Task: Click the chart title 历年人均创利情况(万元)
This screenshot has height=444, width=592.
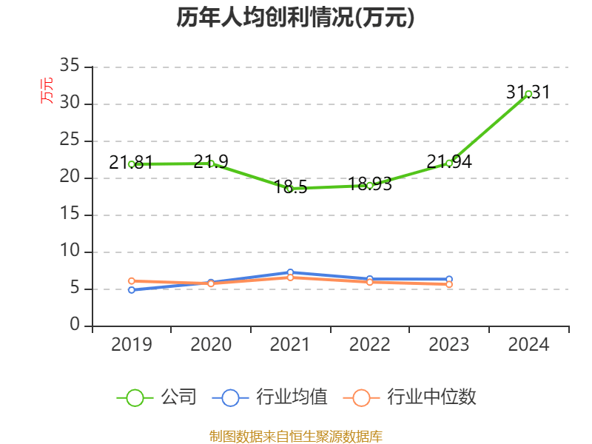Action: point(295,18)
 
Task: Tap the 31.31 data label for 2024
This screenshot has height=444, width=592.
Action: point(528,92)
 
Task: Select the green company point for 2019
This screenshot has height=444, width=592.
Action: point(132,164)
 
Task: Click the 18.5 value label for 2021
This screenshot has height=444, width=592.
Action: point(290,186)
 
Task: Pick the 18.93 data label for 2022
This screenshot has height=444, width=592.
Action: point(369,184)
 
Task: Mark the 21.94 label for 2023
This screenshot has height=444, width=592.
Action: point(449,162)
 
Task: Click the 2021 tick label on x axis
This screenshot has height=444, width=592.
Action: point(290,344)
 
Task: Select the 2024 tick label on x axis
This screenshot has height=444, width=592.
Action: point(528,344)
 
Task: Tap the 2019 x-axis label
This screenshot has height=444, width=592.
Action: point(132,344)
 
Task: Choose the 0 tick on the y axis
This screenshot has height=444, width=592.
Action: point(75,326)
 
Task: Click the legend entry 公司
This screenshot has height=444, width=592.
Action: point(158,397)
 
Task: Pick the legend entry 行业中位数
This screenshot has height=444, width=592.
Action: point(410,397)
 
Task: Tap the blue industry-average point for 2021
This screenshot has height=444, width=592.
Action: point(290,272)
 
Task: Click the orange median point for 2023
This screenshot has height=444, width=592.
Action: point(449,284)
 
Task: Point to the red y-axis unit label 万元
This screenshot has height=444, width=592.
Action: point(46,90)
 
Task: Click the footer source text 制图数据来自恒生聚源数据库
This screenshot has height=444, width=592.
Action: point(295,436)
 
